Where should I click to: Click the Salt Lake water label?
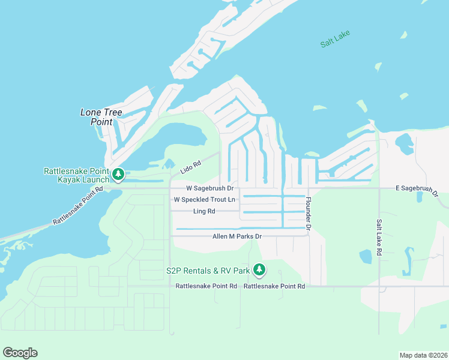335,40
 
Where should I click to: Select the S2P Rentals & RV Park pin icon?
259,271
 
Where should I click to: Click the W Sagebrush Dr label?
209,188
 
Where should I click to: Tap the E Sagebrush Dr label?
417,191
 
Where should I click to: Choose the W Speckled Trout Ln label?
205,199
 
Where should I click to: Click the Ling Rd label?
204,211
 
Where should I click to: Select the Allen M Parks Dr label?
237,236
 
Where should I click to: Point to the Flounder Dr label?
308,214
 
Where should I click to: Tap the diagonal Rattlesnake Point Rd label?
78,205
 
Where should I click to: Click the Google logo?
20,352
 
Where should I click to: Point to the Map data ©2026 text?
423,355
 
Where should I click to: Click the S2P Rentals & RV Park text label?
207,271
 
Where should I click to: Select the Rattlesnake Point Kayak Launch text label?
76,175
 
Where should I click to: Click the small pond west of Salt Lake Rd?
366,256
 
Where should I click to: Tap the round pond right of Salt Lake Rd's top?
403,142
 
